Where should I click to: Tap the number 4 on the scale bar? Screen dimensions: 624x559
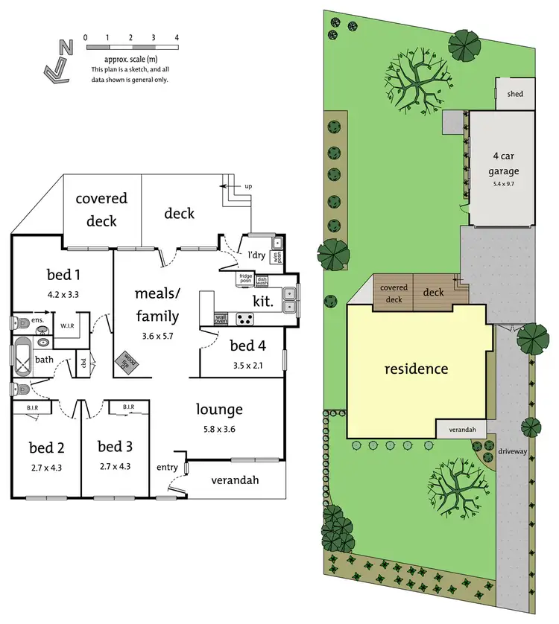[176, 36]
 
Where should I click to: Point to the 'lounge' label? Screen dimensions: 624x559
[219, 409]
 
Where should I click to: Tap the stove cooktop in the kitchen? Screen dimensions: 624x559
[245, 319]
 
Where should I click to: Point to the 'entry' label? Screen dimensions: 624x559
[167, 467]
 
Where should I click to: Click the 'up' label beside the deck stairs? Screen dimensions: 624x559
[250, 185]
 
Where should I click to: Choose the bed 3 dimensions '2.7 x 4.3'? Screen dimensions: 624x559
[115, 466]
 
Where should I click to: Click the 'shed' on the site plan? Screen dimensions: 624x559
[515, 95]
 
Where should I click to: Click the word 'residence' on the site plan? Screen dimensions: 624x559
[416, 369]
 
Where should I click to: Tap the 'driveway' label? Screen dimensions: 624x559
[514, 452]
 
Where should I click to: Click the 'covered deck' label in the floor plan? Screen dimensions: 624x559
[101, 209]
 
